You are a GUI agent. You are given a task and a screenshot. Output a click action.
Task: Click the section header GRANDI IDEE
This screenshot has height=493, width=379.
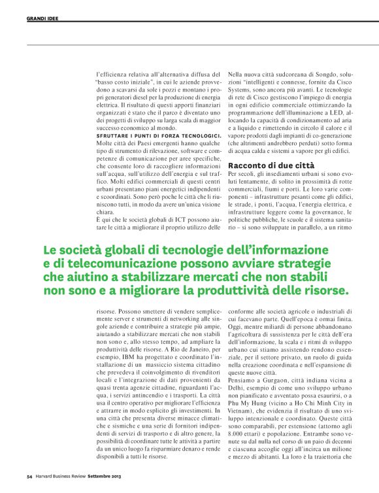[x=42, y=18]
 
